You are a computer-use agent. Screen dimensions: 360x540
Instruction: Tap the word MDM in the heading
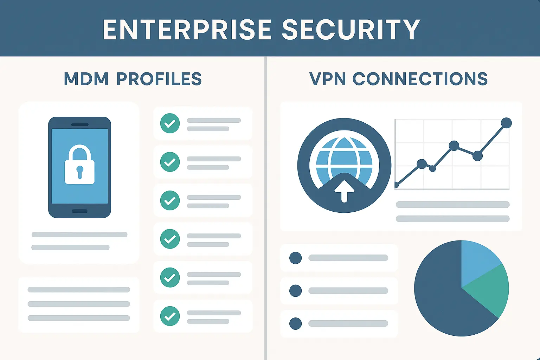pyautogui.click(x=86, y=79)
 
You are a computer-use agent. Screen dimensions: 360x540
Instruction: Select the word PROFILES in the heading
pyautogui.click(x=159, y=79)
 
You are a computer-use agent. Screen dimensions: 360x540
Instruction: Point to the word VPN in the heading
pyautogui.click(x=327, y=79)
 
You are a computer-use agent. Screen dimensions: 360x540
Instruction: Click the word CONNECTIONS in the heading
pyautogui.click(x=420, y=79)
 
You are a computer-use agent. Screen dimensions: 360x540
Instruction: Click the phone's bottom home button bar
pyautogui.click(x=79, y=211)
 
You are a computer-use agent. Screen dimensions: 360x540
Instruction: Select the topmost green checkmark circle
pyautogui.click(x=170, y=123)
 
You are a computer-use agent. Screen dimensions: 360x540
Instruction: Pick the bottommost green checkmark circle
pyautogui.click(x=170, y=316)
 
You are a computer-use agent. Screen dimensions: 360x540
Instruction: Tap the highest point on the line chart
pyautogui.click(x=506, y=123)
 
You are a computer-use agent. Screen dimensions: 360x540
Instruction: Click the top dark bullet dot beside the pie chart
pyautogui.click(x=295, y=258)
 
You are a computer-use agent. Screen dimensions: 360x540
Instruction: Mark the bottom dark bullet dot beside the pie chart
pyautogui.click(x=295, y=323)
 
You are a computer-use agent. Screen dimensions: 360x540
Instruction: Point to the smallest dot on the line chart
pyautogui.click(x=433, y=169)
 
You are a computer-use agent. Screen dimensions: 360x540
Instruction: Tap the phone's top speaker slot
pyautogui.click(x=80, y=124)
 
